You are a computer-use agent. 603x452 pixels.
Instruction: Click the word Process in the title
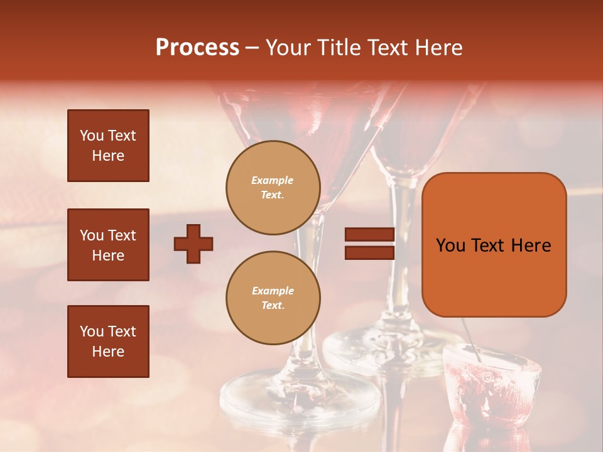[x=197, y=48]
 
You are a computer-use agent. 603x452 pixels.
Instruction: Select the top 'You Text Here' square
[x=108, y=146]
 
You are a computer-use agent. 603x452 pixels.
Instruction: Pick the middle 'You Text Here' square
[x=108, y=245]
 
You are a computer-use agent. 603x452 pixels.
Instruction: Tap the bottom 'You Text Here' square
[x=108, y=342]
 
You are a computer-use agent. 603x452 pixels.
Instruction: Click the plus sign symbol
[x=193, y=244]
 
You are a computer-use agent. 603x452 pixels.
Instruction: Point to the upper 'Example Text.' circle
[x=273, y=188]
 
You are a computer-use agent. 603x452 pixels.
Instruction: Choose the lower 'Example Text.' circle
[x=273, y=298]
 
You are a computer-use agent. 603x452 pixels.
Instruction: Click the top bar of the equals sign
[x=369, y=235]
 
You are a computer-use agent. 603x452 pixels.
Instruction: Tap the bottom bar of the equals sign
[x=369, y=253]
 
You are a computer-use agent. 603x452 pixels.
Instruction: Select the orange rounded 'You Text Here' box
[x=494, y=245]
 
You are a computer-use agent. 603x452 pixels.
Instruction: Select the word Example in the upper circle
[x=273, y=180]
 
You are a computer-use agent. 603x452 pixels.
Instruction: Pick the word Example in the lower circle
[x=273, y=291]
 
